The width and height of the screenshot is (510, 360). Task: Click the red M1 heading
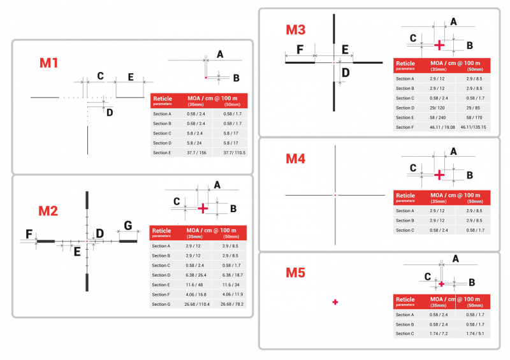click(49, 63)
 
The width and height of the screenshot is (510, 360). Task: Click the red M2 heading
click(48, 211)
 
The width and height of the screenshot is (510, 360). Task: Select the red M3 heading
click(295, 30)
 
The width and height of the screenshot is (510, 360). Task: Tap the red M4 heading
click(295, 159)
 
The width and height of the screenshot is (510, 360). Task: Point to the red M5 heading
click(295, 273)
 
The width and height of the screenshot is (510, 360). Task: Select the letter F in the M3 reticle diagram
click(300, 50)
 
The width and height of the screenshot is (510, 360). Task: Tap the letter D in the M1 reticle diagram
click(110, 112)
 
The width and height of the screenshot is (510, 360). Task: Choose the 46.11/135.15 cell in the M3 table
click(469, 127)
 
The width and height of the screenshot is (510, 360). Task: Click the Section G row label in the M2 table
click(161, 304)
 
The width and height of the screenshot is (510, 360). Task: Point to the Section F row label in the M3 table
click(405, 127)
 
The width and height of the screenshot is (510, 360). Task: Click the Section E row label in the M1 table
click(162, 153)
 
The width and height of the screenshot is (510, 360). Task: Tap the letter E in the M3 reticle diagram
click(345, 50)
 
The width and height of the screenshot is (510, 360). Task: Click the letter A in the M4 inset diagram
click(453, 152)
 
